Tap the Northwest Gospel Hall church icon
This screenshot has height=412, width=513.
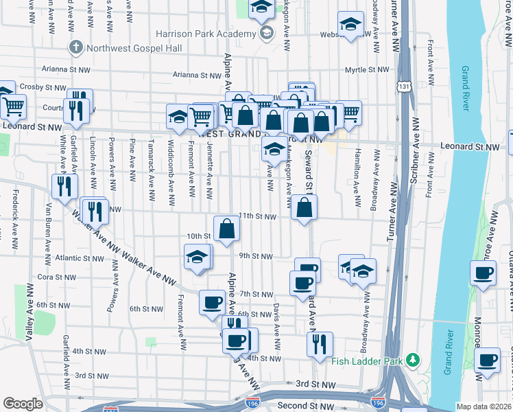75,47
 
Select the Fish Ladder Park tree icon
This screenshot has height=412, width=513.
412,360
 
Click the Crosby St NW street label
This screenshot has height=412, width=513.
41,87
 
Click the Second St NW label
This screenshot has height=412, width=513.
302,405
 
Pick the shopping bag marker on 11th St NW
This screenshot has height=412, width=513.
304,208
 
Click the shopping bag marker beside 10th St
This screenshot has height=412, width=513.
226,229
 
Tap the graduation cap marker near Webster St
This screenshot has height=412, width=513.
350,26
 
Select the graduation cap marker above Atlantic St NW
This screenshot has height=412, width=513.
198,257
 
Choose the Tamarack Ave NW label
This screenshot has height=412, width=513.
151,175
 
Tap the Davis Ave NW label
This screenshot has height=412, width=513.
276,319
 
